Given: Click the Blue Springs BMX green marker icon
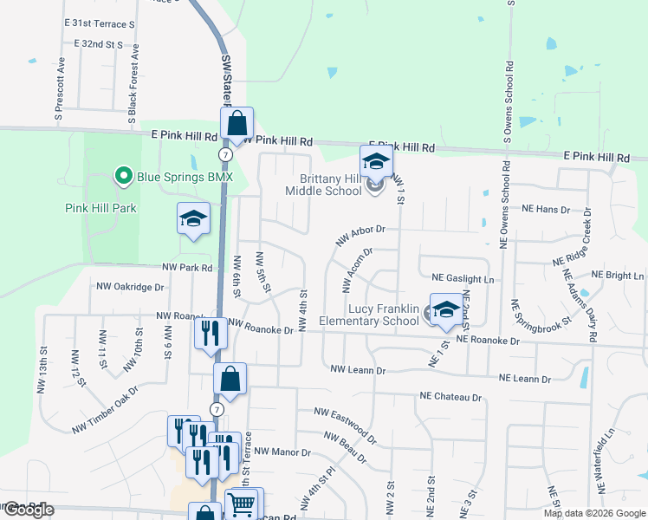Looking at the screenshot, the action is coord(123,177).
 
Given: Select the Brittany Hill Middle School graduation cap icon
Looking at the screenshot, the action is coord(377,162).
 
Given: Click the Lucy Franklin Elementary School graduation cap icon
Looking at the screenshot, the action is coord(446,310).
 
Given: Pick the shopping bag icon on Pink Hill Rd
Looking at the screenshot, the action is coord(237,125).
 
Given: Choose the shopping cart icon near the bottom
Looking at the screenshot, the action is coord(242,503).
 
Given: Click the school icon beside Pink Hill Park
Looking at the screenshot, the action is coord(194,219).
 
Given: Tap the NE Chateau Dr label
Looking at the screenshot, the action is coord(450,397).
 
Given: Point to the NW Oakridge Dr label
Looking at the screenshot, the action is coord(130,286).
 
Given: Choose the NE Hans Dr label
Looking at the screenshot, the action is coord(546,210).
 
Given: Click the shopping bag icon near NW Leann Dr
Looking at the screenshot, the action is coord(230,379).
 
